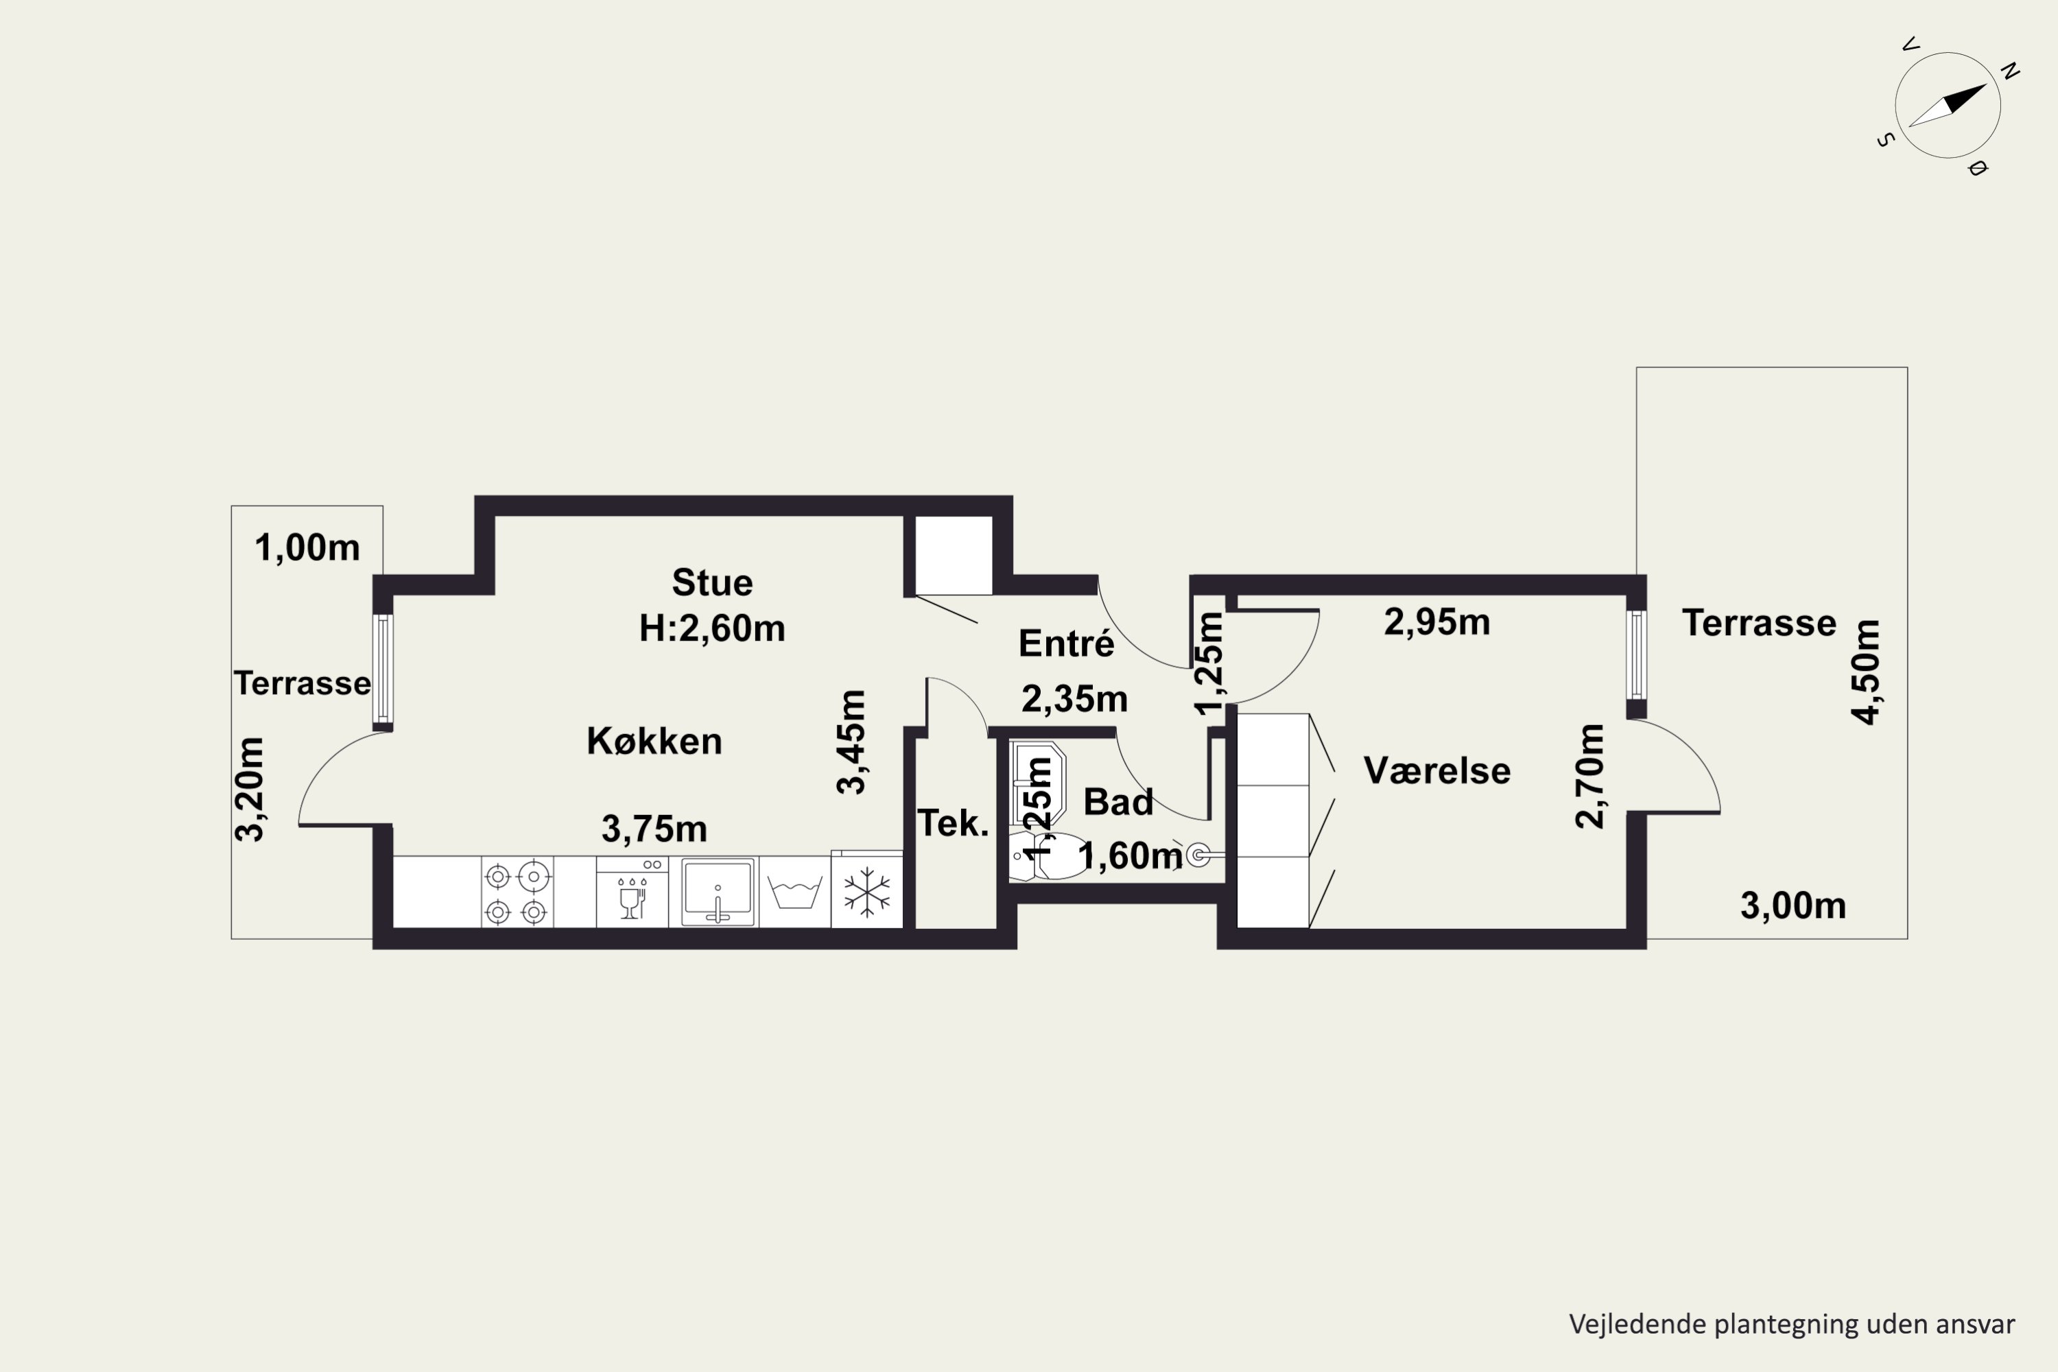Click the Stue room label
712,582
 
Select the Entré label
1067,644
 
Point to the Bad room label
1118,803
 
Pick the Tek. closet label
953,823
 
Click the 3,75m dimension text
654,829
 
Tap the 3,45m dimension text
851,742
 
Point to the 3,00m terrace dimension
1793,906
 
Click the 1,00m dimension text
307,547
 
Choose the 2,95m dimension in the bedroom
1436,622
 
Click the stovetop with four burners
517,892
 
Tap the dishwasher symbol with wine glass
632,892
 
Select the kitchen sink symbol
718,892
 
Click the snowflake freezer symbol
866,892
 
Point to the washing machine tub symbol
794,892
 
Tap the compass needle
1947,106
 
